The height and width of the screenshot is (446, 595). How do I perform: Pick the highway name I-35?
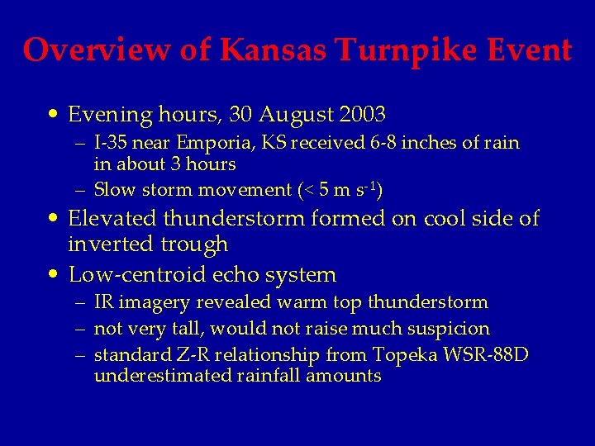109,143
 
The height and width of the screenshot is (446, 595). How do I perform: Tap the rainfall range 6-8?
344,143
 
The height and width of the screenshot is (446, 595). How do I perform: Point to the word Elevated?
112,219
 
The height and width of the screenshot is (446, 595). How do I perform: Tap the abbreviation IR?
103,302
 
